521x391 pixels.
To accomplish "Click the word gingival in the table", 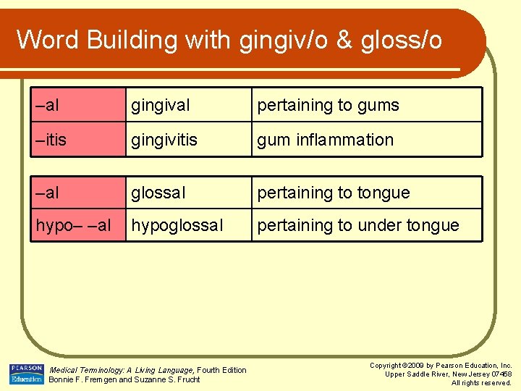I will coord(160,106).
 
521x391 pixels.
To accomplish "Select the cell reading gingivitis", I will coord(164,140).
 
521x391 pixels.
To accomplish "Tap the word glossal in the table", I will coord(158,193).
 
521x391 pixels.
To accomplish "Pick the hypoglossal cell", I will coord(177,225).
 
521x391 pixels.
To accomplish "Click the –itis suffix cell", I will coord(51,140).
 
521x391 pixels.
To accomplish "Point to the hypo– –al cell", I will coord(73,225).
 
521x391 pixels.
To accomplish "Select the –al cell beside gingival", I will coord(47,106).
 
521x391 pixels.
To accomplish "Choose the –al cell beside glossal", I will coord(47,193).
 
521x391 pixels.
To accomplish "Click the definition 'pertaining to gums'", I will coord(328,106).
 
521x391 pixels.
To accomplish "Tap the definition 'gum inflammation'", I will coord(325,140).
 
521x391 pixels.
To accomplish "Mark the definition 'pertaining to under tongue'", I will coord(357,225).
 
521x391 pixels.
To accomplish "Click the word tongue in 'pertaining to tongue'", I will coord(381,193).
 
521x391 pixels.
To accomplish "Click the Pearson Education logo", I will coord(26,374).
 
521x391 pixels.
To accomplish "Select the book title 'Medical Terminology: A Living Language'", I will coord(122,370).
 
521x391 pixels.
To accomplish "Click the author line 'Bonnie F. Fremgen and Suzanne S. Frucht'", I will coord(124,379).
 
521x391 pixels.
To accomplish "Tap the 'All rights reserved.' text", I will coord(481,382).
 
